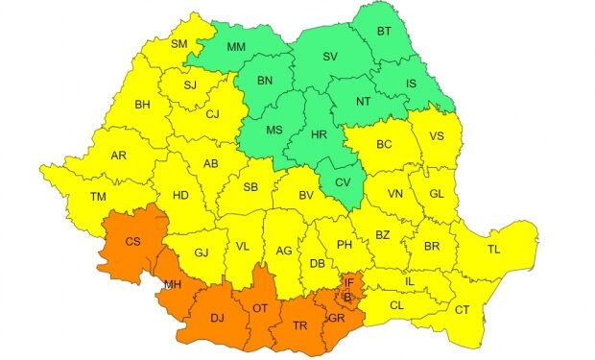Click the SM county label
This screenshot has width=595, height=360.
click(179, 43)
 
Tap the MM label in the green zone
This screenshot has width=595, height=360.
click(236, 46)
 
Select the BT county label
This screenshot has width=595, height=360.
click(384, 32)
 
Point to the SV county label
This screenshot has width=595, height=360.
click(330, 57)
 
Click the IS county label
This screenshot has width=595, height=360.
click(412, 84)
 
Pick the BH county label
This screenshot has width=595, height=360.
click(143, 104)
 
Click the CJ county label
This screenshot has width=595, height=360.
click(213, 114)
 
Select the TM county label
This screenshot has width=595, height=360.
click(97, 197)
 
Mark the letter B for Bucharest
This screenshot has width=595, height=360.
click(347, 298)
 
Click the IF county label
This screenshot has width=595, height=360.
click(350, 283)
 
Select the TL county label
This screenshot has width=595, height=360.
click(494, 249)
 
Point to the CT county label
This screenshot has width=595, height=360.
click(462, 309)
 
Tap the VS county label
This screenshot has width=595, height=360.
click(438, 135)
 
